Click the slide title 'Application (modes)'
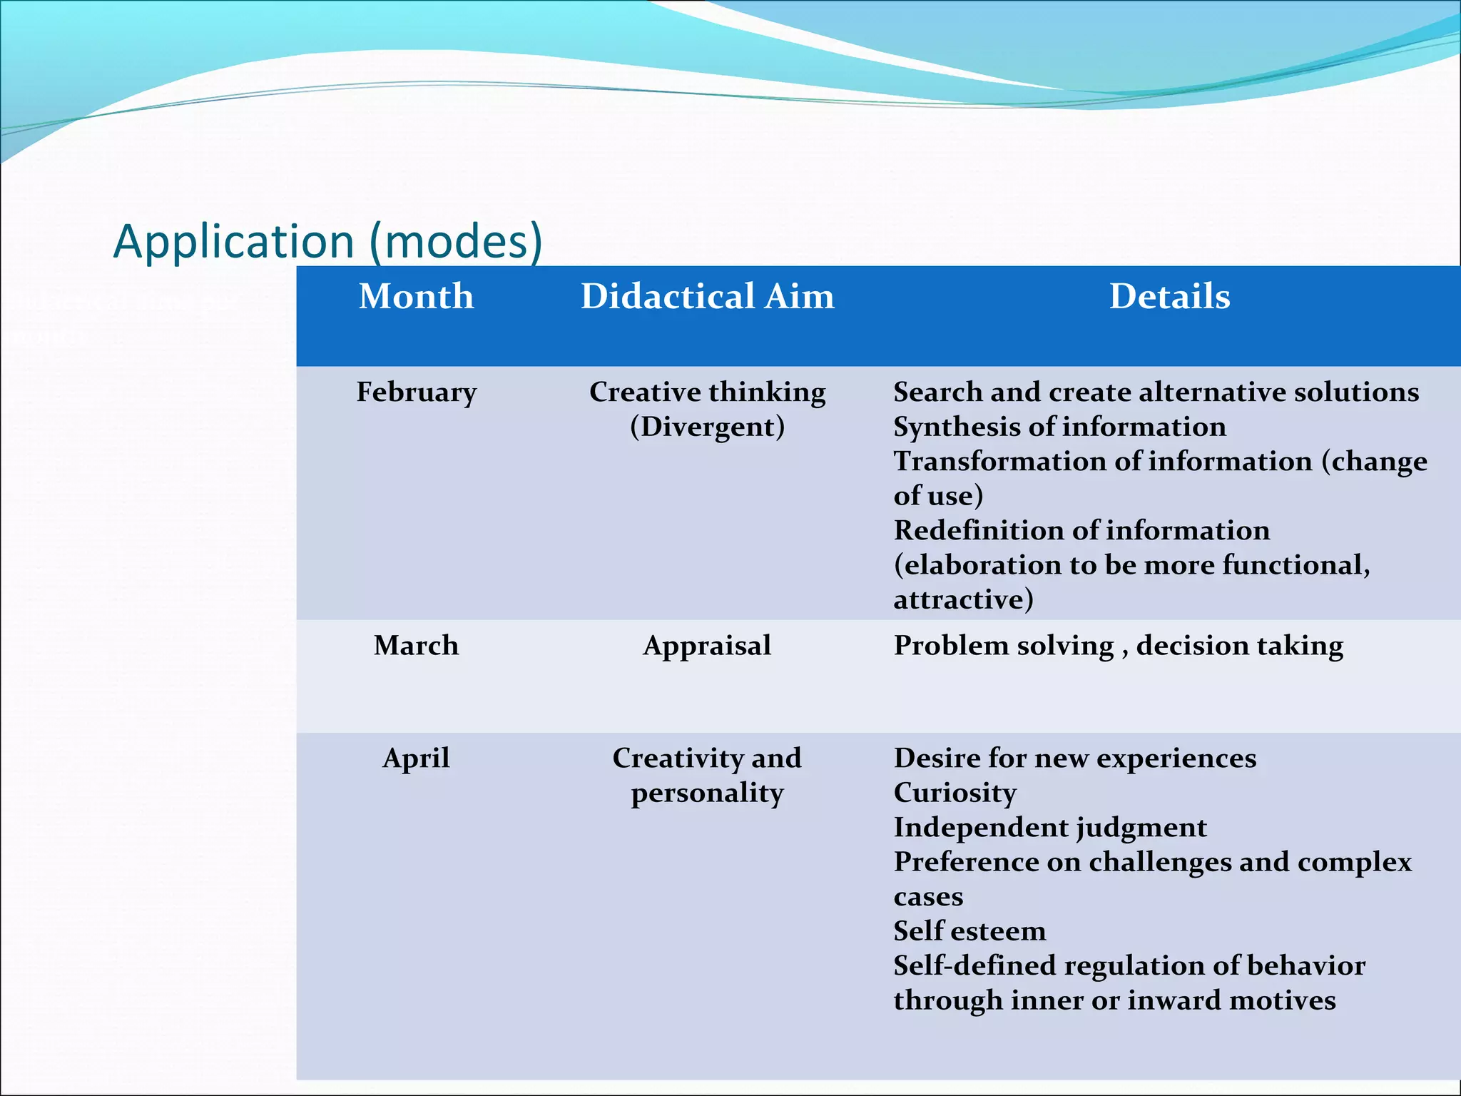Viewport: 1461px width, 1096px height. point(328,241)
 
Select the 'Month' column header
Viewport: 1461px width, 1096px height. point(416,296)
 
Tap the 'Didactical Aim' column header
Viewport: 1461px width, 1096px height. point(707,296)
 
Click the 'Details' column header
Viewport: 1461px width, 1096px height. point(1169,296)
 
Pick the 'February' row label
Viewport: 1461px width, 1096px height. point(416,392)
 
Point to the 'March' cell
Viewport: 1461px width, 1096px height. point(416,646)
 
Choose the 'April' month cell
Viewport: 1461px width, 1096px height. point(416,758)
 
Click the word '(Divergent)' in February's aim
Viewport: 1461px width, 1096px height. point(707,427)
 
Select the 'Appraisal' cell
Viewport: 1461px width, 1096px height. point(707,646)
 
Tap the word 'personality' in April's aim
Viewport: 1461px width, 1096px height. point(707,793)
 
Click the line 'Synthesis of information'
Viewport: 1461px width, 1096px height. point(1059,427)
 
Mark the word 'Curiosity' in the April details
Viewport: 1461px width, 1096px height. point(955,793)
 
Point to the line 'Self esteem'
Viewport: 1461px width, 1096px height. point(969,931)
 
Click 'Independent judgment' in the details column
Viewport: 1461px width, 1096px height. point(1049,828)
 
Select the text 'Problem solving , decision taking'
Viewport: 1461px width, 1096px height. point(1118,646)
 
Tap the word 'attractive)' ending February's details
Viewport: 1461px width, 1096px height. point(963,599)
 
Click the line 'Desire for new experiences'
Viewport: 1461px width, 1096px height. point(1074,758)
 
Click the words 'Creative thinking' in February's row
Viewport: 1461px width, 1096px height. point(707,392)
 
